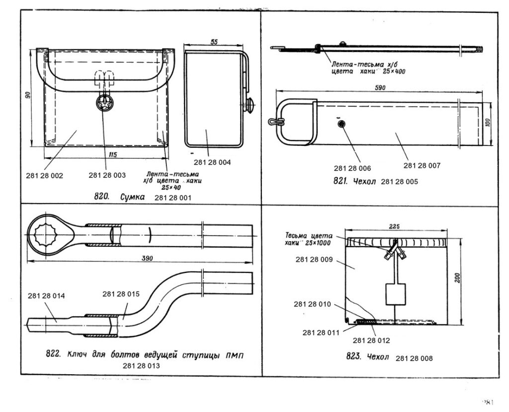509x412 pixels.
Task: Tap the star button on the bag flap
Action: point(105,103)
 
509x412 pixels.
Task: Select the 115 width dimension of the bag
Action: point(112,155)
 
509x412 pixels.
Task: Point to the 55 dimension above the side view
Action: point(214,42)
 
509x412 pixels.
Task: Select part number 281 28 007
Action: point(422,165)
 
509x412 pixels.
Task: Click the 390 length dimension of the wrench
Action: point(147,258)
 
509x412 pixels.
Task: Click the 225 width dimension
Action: point(395,227)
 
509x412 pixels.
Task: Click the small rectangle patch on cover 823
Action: point(395,294)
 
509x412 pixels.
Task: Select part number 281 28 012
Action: point(371,341)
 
